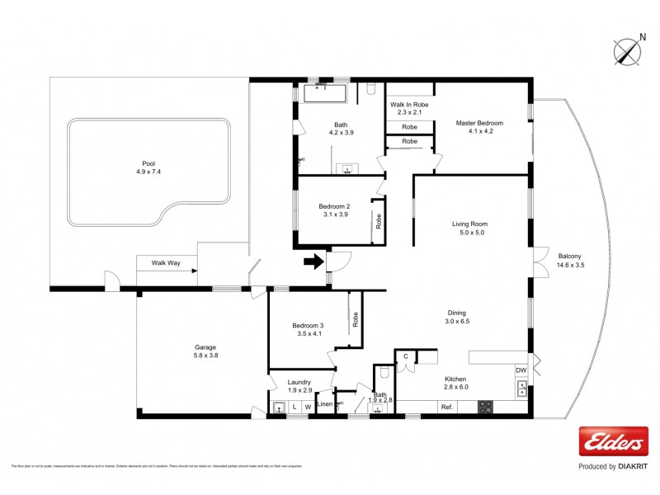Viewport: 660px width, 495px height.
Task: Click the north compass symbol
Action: pos(628,51)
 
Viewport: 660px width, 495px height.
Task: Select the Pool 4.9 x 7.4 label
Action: pos(148,167)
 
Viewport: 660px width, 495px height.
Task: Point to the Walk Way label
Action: pos(165,264)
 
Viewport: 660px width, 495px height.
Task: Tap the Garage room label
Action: pos(205,351)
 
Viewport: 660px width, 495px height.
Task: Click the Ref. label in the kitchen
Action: pos(446,407)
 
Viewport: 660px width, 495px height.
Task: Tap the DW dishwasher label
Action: pos(521,370)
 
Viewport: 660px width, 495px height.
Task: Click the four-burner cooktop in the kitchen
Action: pos(486,407)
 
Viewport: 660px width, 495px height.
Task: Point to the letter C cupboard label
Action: pos(406,356)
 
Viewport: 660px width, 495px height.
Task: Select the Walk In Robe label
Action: pos(409,109)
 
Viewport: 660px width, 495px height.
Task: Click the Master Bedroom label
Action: pos(479,127)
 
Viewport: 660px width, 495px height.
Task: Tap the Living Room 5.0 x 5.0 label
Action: pos(469,228)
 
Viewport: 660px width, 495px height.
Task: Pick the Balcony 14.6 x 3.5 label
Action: pos(570,260)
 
